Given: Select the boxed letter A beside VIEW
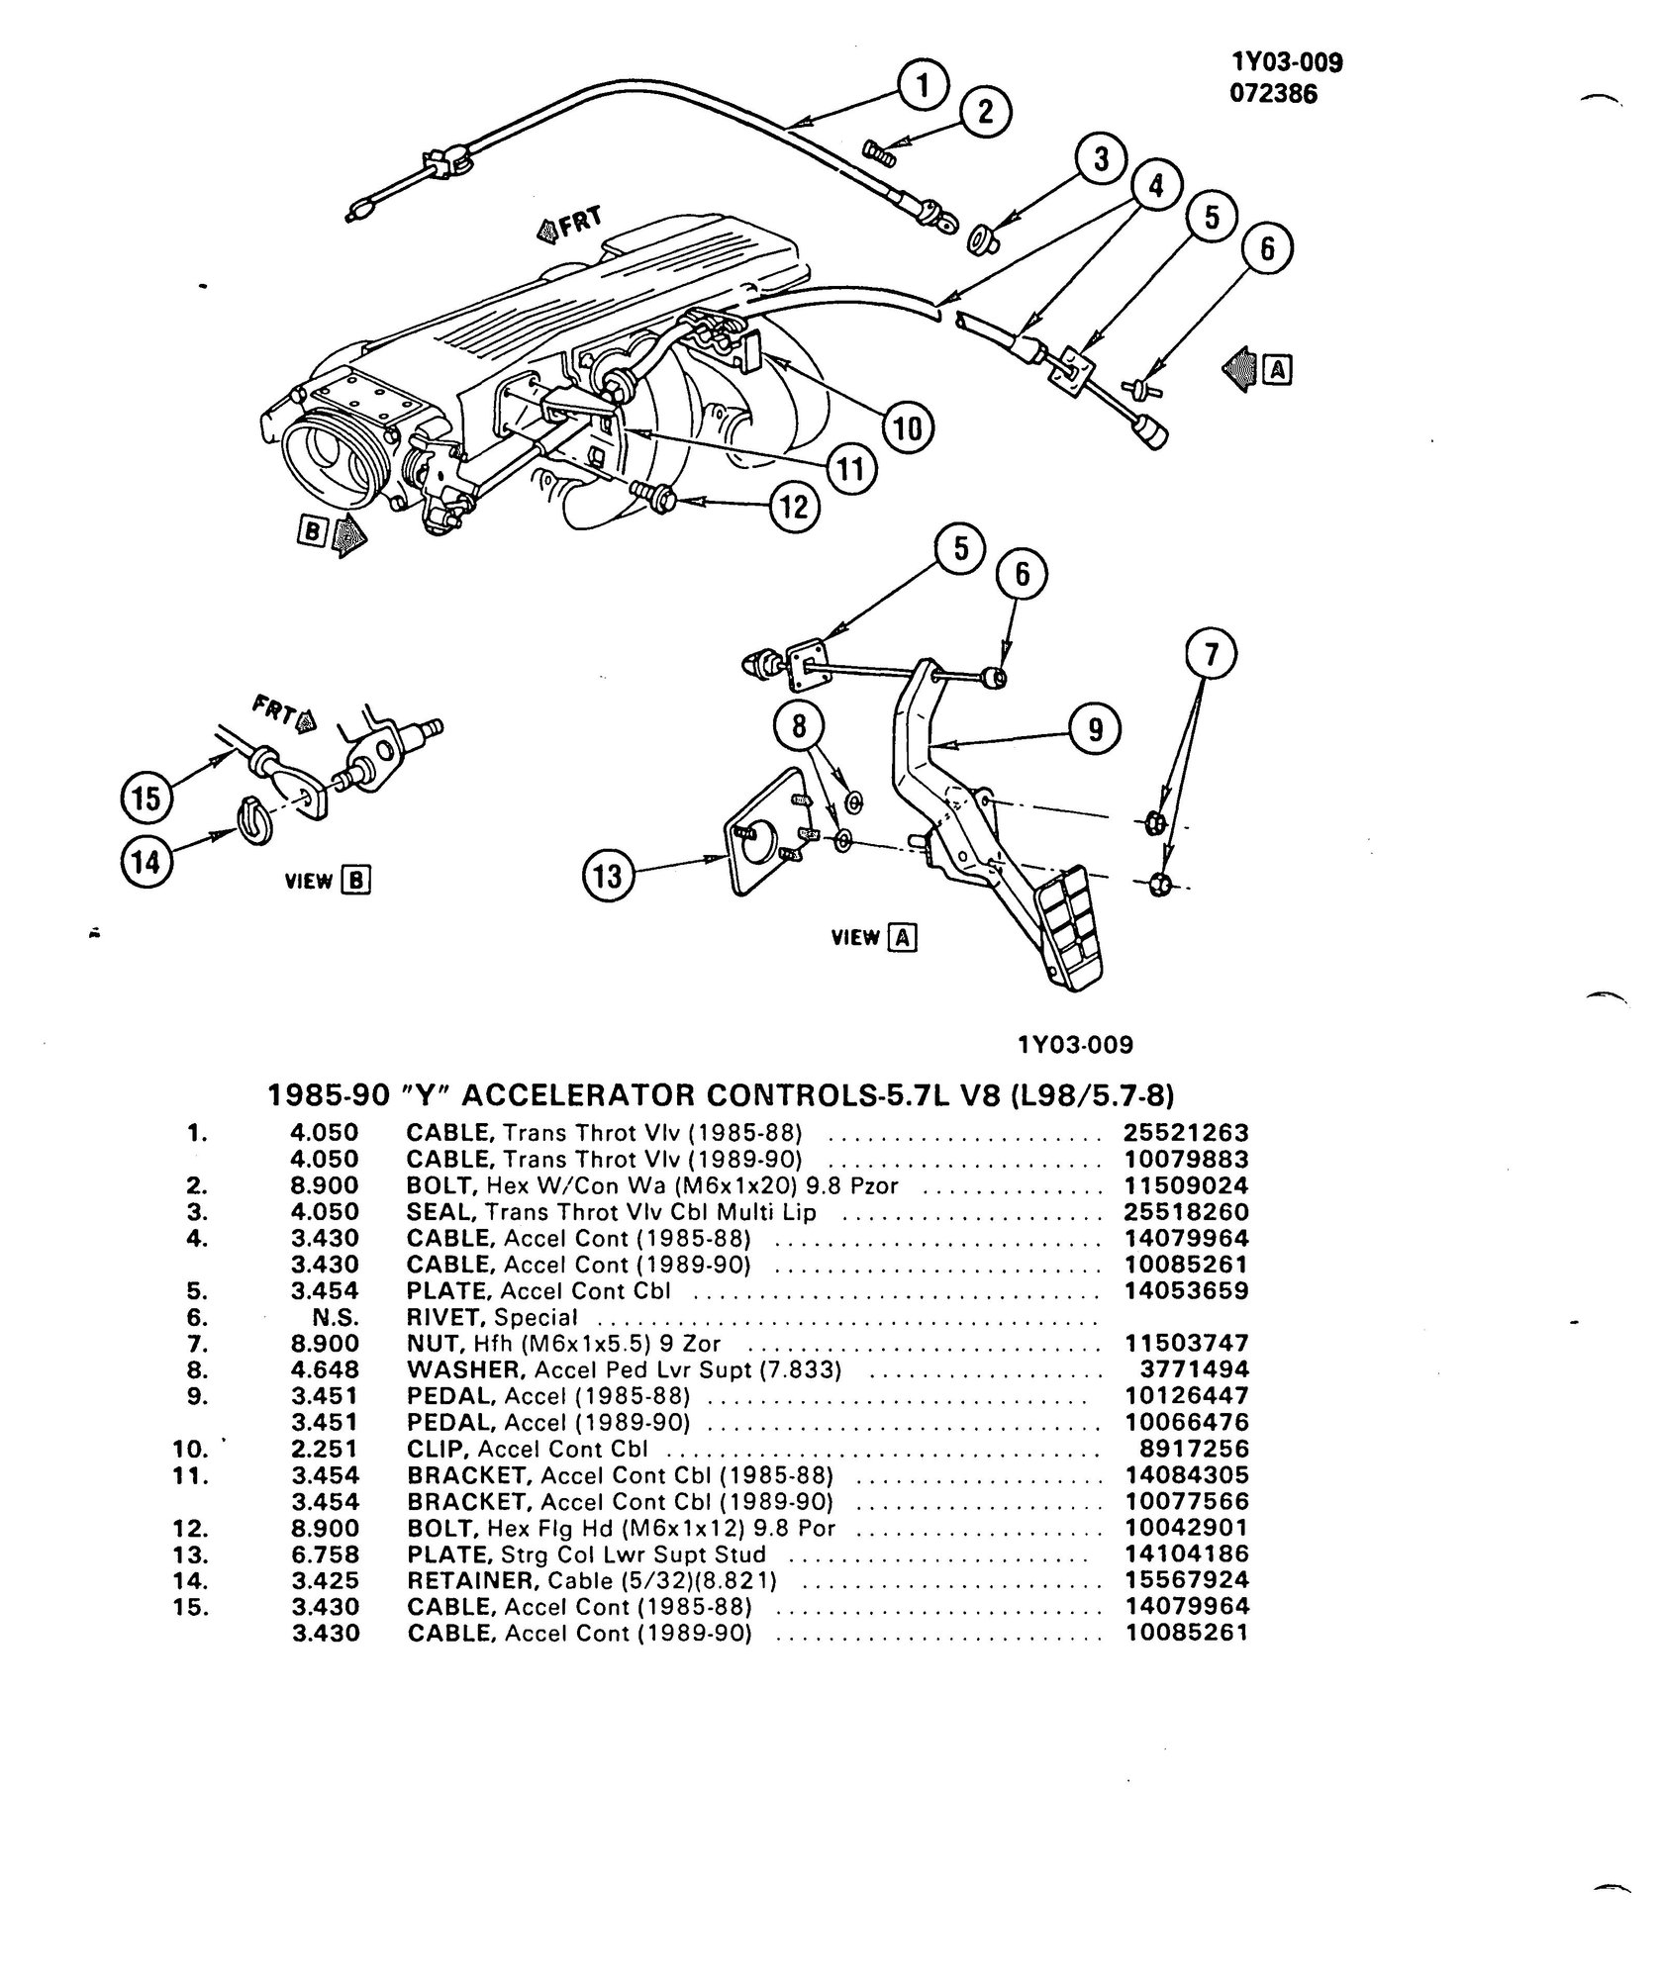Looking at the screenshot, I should [902, 937].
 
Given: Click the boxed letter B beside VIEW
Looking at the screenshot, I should [355, 881].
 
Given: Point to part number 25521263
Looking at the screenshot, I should [1187, 1132].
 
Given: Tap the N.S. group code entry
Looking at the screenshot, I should [334, 1317].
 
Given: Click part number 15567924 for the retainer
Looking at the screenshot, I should [1187, 1580].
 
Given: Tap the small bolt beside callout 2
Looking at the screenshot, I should [880, 151].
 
